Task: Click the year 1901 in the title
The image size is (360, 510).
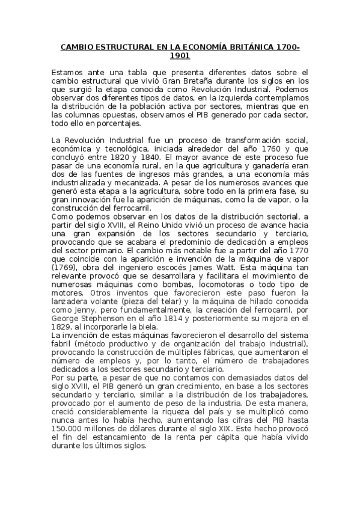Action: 180,56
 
